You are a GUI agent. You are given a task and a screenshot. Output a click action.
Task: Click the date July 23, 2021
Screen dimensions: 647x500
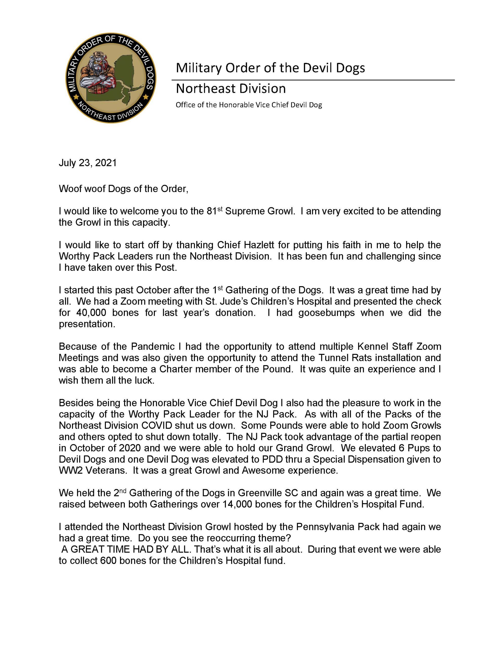(88, 163)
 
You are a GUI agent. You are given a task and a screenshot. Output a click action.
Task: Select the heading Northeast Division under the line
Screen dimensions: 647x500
(231, 88)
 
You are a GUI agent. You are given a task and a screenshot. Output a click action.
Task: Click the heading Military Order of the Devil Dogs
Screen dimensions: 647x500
(270, 68)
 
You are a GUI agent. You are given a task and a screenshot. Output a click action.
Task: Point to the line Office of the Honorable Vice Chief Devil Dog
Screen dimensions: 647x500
(249, 105)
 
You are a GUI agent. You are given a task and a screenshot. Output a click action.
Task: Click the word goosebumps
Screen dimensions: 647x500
(326, 313)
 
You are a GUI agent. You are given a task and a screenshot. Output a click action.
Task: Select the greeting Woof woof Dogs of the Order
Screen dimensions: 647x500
(123, 189)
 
